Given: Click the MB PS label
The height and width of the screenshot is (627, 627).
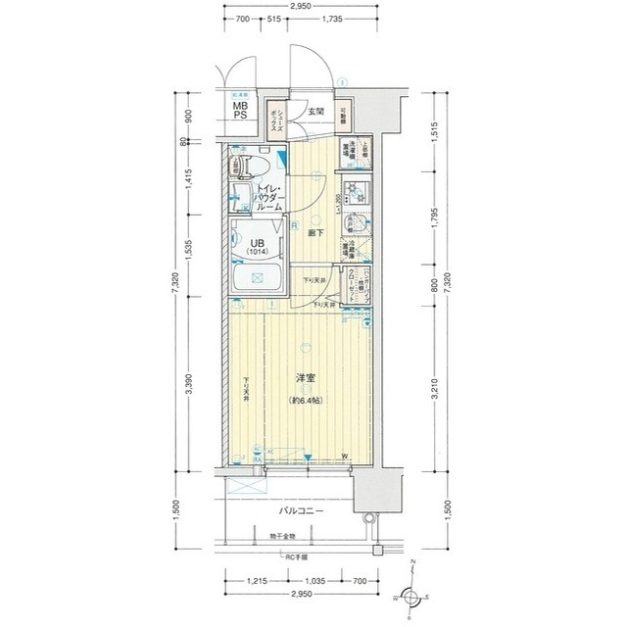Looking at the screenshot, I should pos(240,110).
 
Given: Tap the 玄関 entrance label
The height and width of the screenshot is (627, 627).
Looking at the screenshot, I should pos(314,112).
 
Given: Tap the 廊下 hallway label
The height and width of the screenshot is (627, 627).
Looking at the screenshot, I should pos(315,233).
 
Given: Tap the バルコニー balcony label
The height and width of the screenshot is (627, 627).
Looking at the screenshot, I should pos(302,511).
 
